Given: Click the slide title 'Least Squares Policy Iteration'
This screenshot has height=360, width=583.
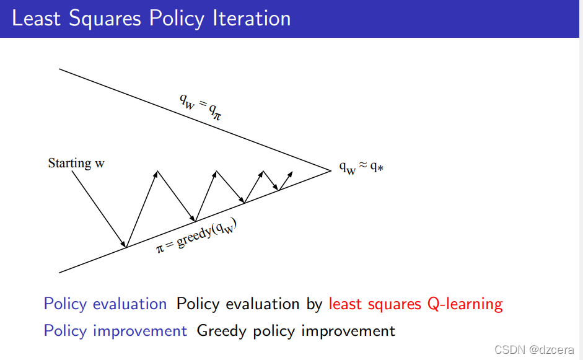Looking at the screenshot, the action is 151,19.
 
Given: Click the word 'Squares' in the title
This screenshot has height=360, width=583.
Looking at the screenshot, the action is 105,19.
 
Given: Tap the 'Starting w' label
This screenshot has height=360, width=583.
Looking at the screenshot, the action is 76,163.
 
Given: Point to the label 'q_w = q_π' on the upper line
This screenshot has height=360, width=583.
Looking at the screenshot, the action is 201,107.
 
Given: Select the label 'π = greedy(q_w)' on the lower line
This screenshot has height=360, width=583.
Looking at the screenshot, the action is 196,235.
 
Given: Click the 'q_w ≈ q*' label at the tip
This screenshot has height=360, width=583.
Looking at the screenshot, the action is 361,167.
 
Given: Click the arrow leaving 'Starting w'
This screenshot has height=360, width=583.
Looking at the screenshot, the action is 99,209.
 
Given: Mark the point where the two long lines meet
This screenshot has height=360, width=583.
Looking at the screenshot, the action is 331,170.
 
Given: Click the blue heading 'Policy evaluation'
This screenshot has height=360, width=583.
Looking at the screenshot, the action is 105,304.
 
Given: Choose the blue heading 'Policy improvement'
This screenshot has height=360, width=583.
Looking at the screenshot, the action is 115,331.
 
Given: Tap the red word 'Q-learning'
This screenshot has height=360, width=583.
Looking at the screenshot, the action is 465,304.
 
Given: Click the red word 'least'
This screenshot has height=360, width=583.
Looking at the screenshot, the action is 345,304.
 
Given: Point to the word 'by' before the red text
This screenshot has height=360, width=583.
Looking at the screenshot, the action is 314,304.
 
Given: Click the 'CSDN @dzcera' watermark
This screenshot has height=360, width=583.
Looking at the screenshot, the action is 534,349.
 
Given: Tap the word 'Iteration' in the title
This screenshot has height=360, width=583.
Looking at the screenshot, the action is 252,18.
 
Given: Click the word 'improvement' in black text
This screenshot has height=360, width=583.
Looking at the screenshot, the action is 348,331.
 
